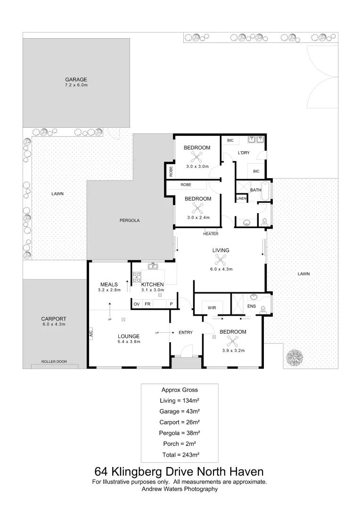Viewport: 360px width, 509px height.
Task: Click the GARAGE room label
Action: [x=76, y=80]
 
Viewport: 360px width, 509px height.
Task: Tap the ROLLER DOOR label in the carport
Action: [x=54, y=361]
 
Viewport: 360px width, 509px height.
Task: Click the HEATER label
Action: [x=211, y=234]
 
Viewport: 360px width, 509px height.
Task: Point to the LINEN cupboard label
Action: [x=241, y=199]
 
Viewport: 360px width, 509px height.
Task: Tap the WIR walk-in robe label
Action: [x=212, y=308]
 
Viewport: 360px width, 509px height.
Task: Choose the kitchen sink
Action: [x=153, y=267]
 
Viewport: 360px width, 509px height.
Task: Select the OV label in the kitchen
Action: [x=136, y=304]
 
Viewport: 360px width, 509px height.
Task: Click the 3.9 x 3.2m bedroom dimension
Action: [x=233, y=350]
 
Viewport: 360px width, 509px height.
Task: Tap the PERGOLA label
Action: [x=129, y=220]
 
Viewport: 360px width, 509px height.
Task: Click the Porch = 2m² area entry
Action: [x=180, y=443]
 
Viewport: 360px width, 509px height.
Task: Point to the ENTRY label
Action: [x=186, y=332]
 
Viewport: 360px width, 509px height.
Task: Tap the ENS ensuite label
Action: [x=252, y=306]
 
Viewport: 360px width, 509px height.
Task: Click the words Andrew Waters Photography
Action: [x=180, y=489]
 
